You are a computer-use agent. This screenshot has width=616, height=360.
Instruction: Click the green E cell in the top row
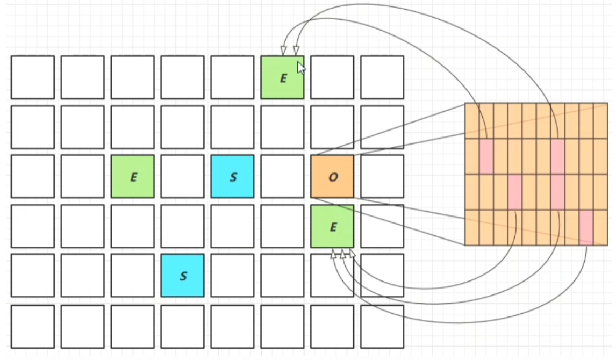point(282,77)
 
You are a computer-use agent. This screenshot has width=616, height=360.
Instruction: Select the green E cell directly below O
point(332,226)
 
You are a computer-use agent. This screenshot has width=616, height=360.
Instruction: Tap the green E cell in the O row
point(132,176)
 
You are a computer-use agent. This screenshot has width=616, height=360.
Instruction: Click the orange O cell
point(332,176)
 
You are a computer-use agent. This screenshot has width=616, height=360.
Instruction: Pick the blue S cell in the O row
point(232,176)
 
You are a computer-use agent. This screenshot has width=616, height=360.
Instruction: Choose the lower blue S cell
point(182,276)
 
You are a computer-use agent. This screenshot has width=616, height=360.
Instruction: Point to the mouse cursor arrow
point(301,68)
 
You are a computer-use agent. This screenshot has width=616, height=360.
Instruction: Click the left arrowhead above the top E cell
point(283,51)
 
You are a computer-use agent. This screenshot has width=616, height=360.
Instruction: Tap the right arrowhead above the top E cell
point(296,51)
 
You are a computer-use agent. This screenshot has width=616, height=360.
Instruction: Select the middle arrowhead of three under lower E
point(342,253)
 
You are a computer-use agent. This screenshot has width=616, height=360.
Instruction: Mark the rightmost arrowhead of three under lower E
point(352,253)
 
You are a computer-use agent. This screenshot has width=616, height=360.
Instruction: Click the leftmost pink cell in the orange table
point(486,156)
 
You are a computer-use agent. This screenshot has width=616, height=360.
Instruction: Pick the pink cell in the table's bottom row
point(586,227)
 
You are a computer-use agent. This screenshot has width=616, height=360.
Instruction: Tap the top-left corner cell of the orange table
point(472,121)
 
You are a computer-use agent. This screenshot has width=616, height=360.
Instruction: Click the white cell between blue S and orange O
point(282,176)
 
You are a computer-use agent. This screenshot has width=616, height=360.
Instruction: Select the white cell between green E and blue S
point(182,176)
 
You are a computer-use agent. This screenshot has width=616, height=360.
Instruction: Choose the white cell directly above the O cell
point(332,127)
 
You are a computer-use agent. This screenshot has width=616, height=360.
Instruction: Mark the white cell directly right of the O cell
point(382,176)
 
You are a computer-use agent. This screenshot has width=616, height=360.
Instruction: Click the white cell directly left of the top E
point(232,77)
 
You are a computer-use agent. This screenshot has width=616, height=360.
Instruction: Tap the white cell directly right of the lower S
point(232,276)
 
